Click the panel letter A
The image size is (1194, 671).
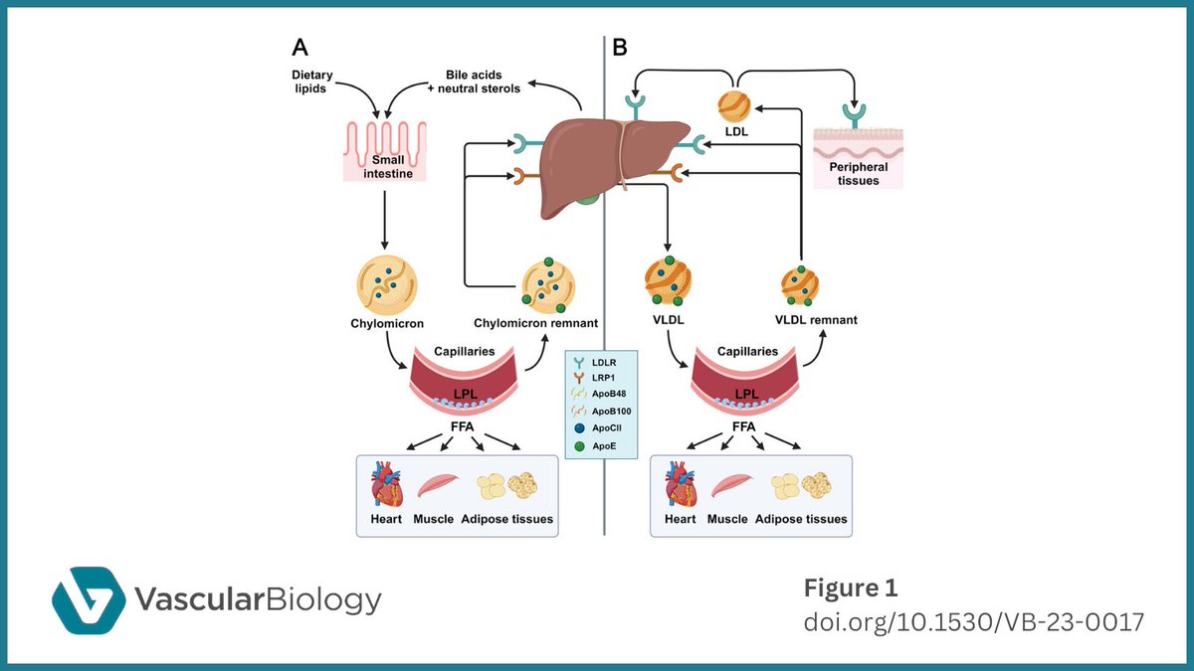click(299, 47)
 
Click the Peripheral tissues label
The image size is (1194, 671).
click(858, 174)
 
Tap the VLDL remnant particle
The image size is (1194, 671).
click(801, 285)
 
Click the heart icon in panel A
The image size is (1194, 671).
click(385, 486)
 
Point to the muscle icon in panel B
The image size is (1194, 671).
click(731, 486)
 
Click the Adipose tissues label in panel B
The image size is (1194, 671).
click(801, 519)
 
